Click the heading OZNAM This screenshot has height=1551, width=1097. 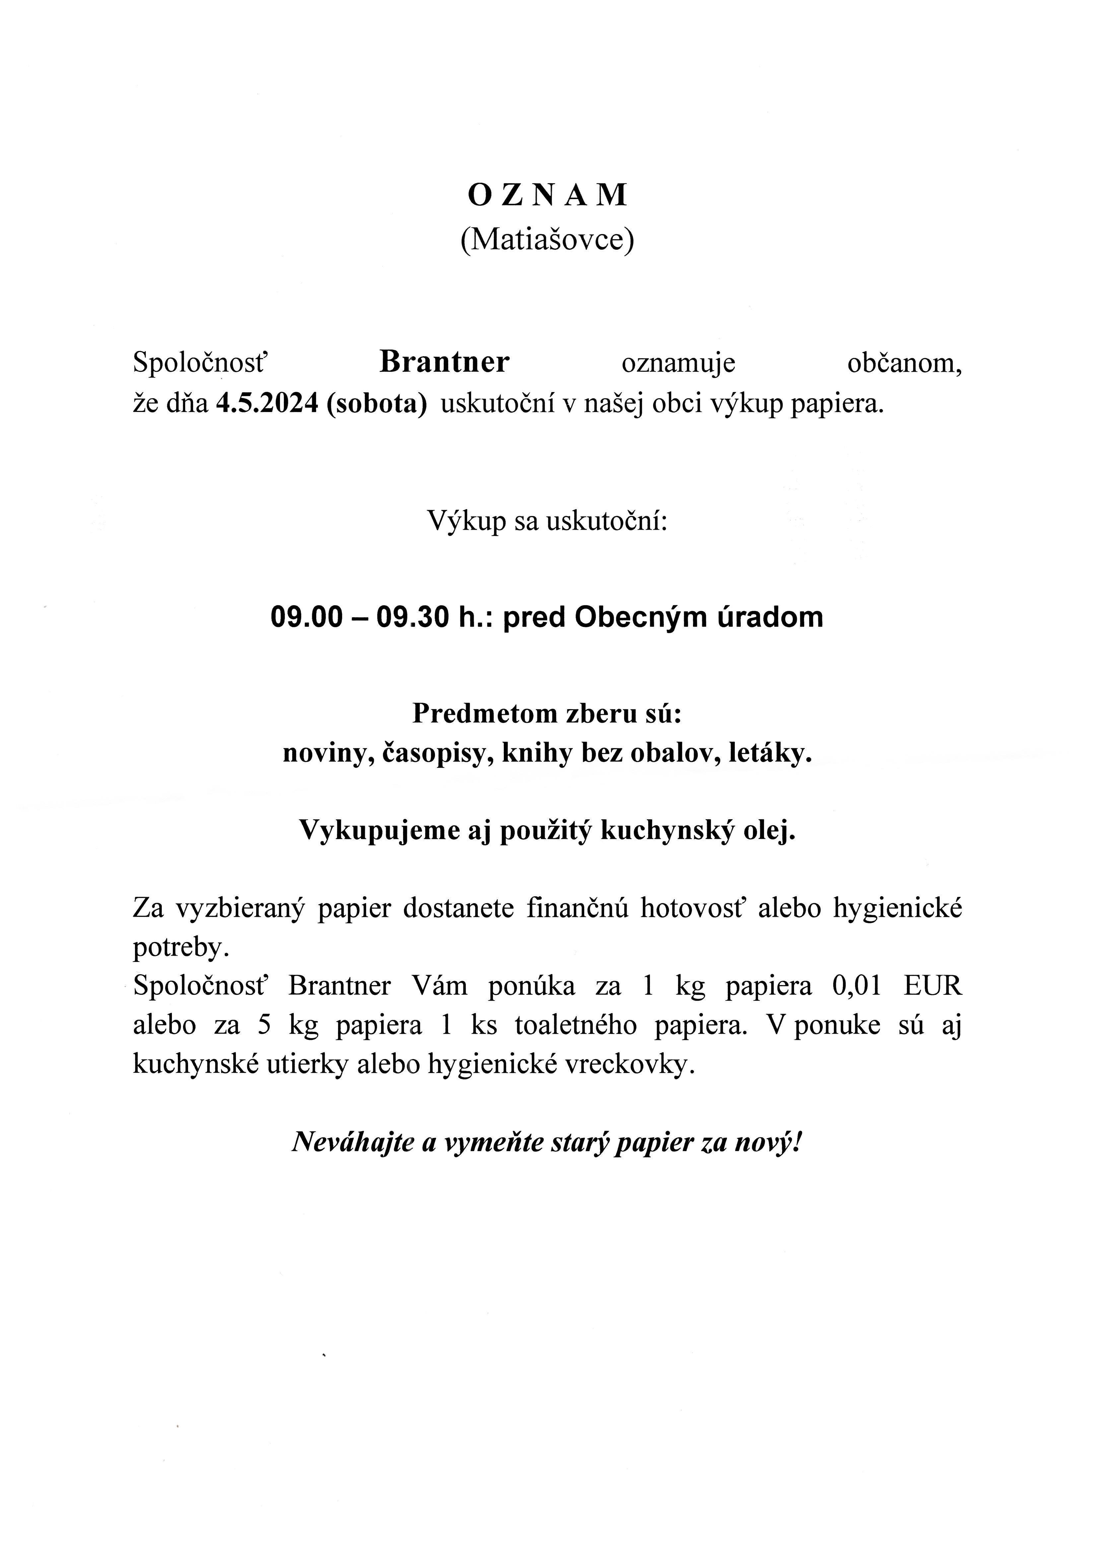548,195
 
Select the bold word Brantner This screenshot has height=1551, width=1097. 445,362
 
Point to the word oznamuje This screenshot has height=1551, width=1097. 678,364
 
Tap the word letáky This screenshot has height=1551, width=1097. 771,753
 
